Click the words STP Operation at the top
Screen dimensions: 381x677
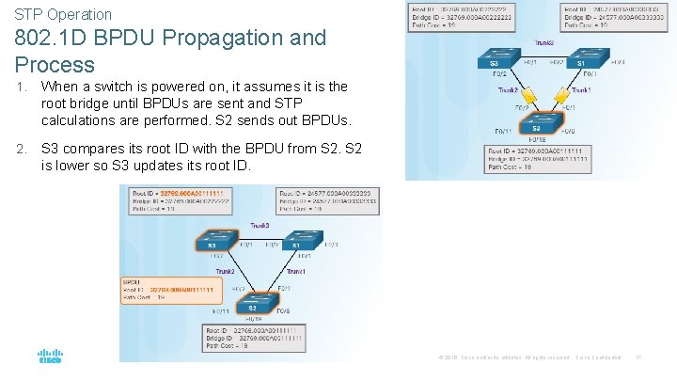[62, 14]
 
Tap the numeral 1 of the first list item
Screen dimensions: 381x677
[20, 87]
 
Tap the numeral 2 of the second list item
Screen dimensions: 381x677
[20, 147]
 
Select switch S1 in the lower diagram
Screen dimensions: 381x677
[296, 245]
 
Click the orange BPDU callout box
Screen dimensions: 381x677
[169, 288]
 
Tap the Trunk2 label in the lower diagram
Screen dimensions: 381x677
[224, 272]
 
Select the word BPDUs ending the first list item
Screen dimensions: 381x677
[325, 120]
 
